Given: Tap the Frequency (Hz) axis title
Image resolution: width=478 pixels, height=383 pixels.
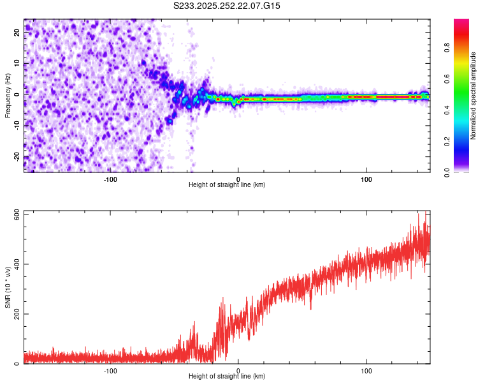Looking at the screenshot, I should coord(8,95).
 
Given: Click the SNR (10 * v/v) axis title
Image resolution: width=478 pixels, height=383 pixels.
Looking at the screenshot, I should coord(8,287).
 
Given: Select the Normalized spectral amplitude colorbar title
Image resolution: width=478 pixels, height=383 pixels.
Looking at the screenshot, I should coord(474,96).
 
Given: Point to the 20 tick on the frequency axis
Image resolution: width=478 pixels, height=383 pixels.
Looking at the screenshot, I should coord(18,33).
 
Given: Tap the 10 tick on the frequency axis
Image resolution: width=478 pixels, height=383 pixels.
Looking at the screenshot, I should coord(18,64).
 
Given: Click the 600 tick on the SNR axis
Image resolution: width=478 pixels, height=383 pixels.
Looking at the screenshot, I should coord(15,214).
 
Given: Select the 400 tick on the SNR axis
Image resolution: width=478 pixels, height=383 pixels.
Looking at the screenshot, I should coord(15,264).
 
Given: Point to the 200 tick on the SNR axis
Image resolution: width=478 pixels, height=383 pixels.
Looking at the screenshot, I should coord(15,314).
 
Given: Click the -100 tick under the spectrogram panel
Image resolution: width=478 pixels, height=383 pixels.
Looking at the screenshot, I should coord(110,179).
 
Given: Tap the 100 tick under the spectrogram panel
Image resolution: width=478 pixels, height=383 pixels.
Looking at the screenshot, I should coord(366,179).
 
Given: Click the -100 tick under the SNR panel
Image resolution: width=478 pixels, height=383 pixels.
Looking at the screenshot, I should coord(110,370).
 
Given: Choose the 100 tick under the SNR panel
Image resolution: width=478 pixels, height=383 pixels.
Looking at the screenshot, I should coord(366,370).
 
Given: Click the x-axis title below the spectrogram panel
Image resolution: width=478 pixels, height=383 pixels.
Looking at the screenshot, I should coord(227,185).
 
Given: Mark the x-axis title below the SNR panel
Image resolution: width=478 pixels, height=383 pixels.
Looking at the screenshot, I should coord(227,377).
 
